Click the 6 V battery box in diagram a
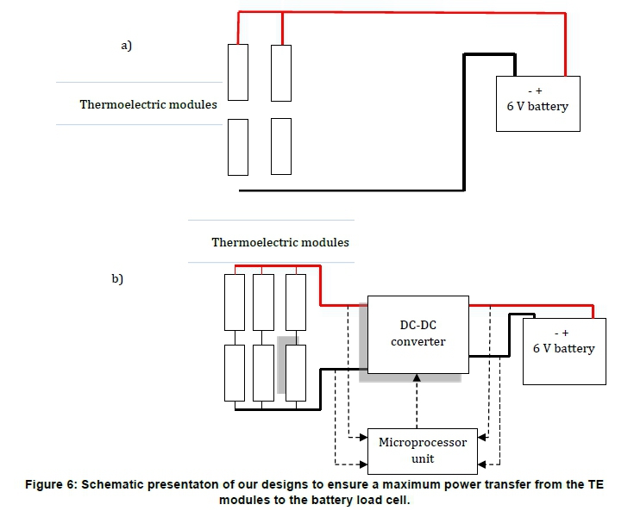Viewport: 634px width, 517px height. click(537, 103)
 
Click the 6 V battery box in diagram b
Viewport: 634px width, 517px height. click(564, 351)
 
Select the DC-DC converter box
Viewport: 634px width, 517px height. click(417, 334)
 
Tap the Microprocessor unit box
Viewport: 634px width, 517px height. click(423, 450)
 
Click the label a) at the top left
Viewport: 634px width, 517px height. click(126, 46)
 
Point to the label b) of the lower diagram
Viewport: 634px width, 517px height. click(117, 278)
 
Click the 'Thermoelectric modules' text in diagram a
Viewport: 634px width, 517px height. click(148, 105)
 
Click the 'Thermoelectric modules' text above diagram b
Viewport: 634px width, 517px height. click(280, 242)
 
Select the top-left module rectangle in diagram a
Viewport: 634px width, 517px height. click(238, 72)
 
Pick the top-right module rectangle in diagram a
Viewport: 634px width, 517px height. click(281, 72)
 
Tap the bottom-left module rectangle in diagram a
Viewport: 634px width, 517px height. click(238, 146)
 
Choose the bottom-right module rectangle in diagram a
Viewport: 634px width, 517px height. click(281, 146)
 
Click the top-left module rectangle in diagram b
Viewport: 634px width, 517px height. click(235, 302)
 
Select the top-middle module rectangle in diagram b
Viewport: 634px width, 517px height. click(265, 302)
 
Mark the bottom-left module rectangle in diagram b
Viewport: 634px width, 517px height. click(235, 372)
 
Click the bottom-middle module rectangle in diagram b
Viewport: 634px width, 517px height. click(265, 372)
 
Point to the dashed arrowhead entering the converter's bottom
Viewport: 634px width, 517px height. click(417, 378)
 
